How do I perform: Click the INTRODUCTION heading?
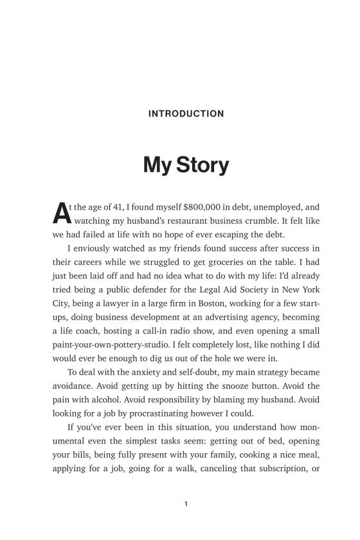(x=186, y=114)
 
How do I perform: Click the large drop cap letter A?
(x=59, y=213)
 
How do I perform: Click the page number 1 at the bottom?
(x=186, y=504)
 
